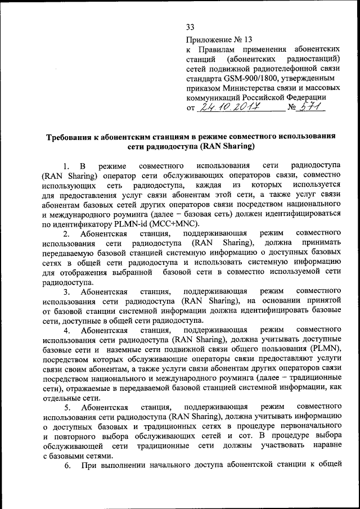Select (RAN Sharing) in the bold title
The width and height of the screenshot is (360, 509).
(224, 147)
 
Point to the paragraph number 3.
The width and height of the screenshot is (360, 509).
(66, 292)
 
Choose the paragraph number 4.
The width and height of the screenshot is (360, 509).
(66, 331)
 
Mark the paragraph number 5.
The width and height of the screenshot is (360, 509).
(66, 407)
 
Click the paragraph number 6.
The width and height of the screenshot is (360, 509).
(66, 465)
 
